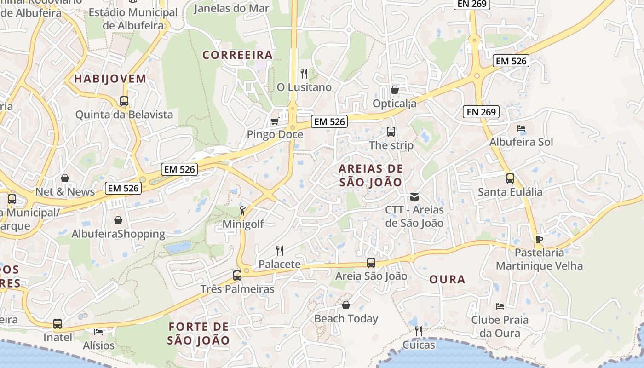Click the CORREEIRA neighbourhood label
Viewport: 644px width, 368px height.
pyautogui.click(x=238, y=55)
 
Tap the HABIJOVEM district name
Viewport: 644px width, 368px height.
pyautogui.click(x=110, y=79)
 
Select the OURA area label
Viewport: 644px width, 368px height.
pyautogui.click(x=447, y=279)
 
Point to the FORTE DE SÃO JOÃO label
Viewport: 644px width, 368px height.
pyautogui.click(x=198, y=333)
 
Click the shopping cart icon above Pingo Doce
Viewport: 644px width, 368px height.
pyautogui.click(x=275, y=121)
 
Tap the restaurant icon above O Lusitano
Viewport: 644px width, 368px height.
pyautogui.click(x=304, y=73)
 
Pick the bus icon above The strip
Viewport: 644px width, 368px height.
pyautogui.click(x=391, y=132)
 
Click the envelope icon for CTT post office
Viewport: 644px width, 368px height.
pyautogui.click(x=414, y=197)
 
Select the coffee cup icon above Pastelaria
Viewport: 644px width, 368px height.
pyautogui.click(x=539, y=239)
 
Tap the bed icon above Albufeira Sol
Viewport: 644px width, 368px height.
pyautogui.click(x=521, y=128)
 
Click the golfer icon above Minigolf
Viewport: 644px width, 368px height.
pyautogui.click(x=242, y=211)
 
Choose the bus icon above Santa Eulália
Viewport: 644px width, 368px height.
pyautogui.click(x=510, y=178)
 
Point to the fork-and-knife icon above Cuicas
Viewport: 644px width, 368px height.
pyautogui.click(x=418, y=331)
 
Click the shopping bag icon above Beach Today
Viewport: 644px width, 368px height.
pyautogui.click(x=346, y=305)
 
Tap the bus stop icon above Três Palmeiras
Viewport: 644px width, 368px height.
pyautogui.click(x=237, y=276)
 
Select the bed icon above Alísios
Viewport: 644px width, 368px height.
pyautogui.click(x=98, y=332)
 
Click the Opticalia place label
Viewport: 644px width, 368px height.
pyautogui.click(x=395, y=103)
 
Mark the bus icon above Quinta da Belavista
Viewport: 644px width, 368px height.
pyautogui.click(x=124, y=101)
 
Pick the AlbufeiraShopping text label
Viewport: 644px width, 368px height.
pyautogui.click(x=118, y=234)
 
